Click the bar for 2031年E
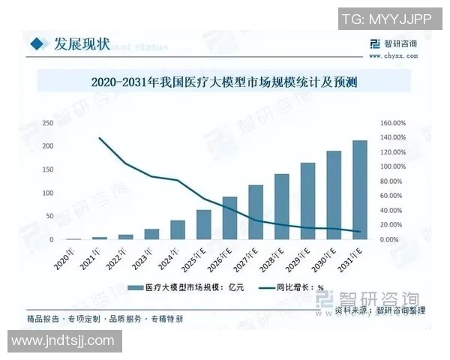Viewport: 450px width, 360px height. point(360,190)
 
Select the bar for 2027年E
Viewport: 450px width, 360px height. point(256,212)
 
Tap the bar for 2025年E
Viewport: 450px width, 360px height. point(204,224)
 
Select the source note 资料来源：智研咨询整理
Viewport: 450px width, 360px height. point(380,310)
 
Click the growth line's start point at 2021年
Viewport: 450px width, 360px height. point(100,138)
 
